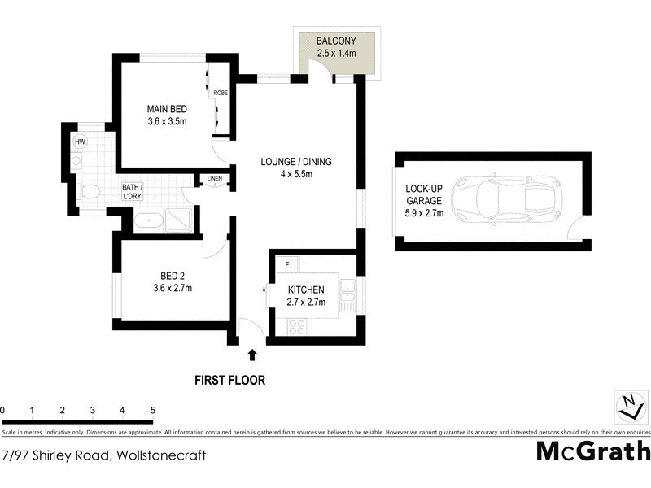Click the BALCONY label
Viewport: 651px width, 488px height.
point(335,41)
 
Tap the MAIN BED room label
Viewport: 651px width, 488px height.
point(167,109)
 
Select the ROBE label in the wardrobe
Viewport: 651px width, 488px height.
point(221,94)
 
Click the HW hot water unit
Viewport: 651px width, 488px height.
point(80,142)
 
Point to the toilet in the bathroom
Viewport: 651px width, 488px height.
point(90,192)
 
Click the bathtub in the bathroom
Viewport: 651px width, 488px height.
point(147,220)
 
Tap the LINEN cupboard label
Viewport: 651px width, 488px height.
point(215,178)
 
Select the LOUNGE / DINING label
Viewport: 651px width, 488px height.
point(296,161)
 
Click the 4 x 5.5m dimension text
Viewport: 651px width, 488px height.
point(296,174)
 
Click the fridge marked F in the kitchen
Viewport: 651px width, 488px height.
point(287,264)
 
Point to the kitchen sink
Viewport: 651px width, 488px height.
point(347,293)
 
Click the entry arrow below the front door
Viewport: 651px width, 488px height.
point(252,355)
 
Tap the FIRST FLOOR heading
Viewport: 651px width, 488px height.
point(229,380)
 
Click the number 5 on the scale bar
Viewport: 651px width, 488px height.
point(152,410)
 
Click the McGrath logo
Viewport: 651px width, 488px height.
point(592,451)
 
